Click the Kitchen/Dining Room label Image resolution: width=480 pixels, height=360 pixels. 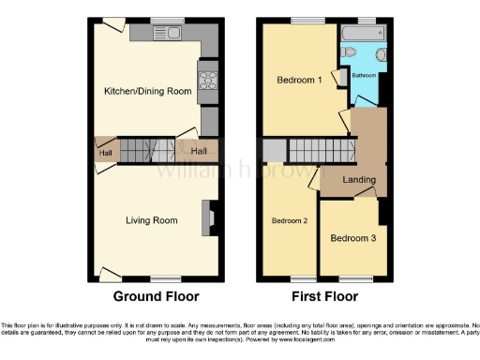tap(147, 91)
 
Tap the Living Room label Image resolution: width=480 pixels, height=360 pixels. tap(152, 221)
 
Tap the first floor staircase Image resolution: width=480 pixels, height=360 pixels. tap(318, 148)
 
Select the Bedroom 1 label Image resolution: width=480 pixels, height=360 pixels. tap(299, 81)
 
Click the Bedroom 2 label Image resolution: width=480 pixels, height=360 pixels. tap(290, 221)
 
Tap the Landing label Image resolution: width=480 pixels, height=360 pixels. tap(359, 180)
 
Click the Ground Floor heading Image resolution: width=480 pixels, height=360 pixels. tap(156, 297)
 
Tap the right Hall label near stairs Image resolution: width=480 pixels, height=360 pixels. tap(199, 151)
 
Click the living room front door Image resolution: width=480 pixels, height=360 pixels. tap(111, 275)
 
